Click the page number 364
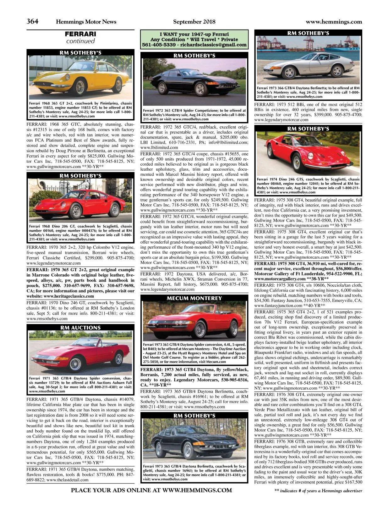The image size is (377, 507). coord(32,21)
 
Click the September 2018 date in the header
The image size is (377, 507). coord(194,22)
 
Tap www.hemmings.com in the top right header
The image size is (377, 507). coord(334,22)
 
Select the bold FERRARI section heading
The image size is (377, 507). coord(80,34)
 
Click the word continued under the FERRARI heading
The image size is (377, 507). coord(80,41)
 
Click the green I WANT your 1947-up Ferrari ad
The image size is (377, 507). coord(194,39)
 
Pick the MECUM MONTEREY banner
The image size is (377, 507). coord(194,298)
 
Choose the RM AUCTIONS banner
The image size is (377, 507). coord(80,328)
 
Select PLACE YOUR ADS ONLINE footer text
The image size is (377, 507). coord(151,490)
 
